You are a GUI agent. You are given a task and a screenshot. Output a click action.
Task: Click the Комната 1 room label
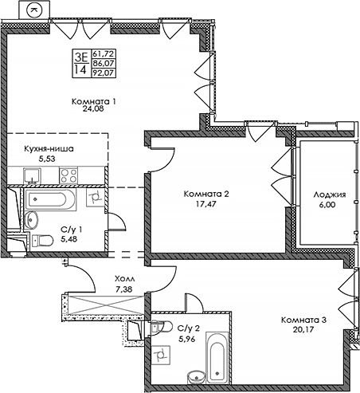tap(94, 101)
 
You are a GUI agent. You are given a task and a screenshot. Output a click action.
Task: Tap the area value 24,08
tap(93, 108)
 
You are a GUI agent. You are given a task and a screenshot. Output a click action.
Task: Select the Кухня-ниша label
tap(49, 149)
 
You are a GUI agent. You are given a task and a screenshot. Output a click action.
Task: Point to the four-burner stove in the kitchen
tap(68, 175)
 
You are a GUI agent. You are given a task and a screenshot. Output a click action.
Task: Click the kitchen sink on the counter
tap(32, 175)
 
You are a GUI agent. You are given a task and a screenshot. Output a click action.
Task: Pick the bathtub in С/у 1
tap(50, 200)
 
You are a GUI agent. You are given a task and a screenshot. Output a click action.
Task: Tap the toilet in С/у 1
tap(42, 241)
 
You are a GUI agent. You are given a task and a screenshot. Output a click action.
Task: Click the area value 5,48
tap(69, 239)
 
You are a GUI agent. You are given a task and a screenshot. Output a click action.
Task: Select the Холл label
tap(124, 279)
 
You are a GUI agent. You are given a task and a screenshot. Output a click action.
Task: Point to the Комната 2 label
tap(206, 194)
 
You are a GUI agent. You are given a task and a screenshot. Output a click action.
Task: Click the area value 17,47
tap(205, 204)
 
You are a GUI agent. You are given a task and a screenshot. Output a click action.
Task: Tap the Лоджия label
tap(330, 195)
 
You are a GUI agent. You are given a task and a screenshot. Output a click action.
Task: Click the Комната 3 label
tap(303, 320)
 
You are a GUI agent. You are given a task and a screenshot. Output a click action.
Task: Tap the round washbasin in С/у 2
tap(197, 376)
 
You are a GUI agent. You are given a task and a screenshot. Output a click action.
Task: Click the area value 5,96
tap(187, 339)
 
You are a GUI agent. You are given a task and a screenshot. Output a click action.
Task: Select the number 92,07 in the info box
tap(104, 73)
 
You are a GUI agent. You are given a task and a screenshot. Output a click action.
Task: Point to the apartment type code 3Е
tap(81, 57)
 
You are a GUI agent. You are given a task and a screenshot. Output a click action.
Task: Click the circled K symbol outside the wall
tap(34, 10)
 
